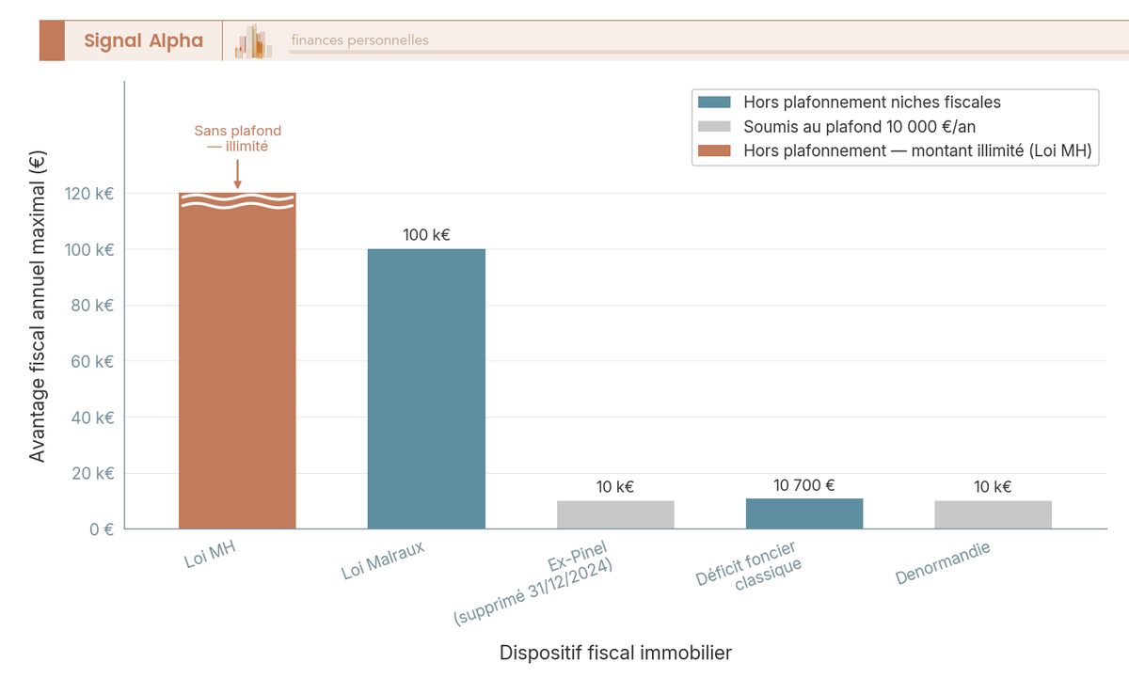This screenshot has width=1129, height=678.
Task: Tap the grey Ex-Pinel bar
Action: tap(615, 514)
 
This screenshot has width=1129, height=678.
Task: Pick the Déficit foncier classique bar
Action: tap(804, 513)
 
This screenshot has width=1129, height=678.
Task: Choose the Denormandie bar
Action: tap(993, 514)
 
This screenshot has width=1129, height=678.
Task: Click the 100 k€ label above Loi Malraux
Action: tap(426, 235)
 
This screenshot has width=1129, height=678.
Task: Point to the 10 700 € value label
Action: tap(804, 485)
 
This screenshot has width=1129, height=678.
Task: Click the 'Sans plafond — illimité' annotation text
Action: tap(237, 138)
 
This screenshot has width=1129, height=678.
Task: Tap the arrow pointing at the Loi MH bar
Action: tap(237, 174)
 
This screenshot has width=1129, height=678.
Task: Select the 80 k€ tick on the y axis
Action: tap(90, 306)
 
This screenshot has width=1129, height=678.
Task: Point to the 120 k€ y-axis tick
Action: tap(88, 194)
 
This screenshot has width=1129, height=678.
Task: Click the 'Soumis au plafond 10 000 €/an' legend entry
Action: tap(865, 127)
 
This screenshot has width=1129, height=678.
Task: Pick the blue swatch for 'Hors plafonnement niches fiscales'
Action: tap(714, 102)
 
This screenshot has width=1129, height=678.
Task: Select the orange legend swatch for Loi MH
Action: tap(714, 151)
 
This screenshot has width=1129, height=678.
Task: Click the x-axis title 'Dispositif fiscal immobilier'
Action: tap(615, 653)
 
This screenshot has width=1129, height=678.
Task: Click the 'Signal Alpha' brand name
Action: tap(143, 40)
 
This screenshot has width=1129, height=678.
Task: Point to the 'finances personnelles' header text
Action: tap(359, 40)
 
